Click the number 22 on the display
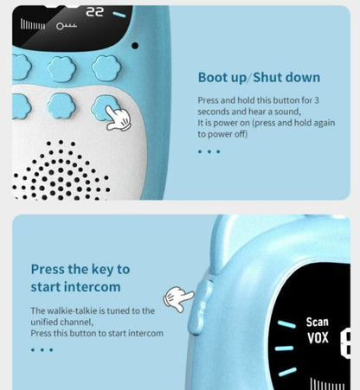(x=94, y=14)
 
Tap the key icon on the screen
(x=67, y=27)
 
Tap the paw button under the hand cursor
(x=106, y=108)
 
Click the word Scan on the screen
(x=317, y=323)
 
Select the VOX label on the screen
(x=317, y=339)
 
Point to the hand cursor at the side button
(x=179, y=299)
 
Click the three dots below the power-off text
(x=209, y=151)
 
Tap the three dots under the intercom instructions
(x=42, y=349)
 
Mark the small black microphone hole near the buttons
(x=135, y=45)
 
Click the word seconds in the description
(x=218, y=112)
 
